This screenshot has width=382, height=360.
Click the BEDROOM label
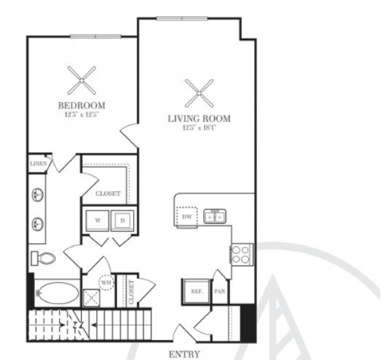[81, 104]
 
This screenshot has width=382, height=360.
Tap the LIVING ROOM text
[198, 119]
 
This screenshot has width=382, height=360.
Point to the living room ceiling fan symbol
[198, 92]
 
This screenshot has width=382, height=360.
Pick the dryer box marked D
[122, 218]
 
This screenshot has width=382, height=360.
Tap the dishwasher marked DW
[185, 215]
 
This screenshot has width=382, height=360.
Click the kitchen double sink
[214, 216]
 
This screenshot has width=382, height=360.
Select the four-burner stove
[241, 255]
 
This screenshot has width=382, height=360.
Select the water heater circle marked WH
[106, 282]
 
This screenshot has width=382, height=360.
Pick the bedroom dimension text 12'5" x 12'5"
[81, 114]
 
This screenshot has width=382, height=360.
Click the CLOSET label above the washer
[107, 193]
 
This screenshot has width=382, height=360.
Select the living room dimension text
[198, 128]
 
